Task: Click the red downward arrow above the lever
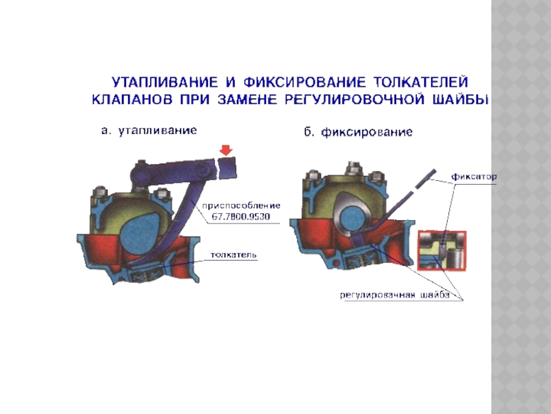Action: coord(226,150)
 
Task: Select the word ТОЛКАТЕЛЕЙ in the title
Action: coord(421,82)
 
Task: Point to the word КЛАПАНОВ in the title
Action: coord(132,100)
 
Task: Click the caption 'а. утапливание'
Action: coord(149,130)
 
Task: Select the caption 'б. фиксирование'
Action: coord(358,132)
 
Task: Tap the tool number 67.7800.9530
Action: coord(240,217)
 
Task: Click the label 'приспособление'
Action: coord(241,206)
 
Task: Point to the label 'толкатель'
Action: coord(233,255)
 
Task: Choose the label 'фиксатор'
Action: coord(474,177)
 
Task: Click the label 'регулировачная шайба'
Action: coord(395,295)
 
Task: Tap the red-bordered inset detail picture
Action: coord(442,250)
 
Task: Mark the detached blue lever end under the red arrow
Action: coord(227,168)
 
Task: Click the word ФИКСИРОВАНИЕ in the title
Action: coord(304,82)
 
